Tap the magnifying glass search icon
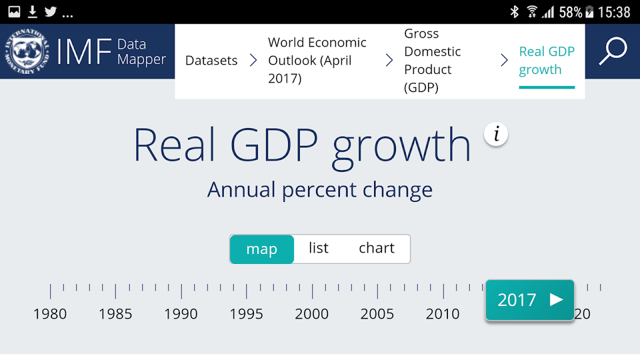612,51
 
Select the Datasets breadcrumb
211,61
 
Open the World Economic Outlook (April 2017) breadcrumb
317,60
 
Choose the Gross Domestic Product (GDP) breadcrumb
432,60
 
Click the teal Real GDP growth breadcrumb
547,61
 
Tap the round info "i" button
496,134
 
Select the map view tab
262,249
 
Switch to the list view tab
319,248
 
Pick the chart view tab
376,248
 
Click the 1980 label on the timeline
50,314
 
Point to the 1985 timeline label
115,314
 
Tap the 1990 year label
181,314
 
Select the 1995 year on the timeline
246,314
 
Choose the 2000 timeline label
312,314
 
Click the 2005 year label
377,314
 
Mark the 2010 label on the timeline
443,314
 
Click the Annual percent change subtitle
320,189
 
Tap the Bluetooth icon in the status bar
514,12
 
